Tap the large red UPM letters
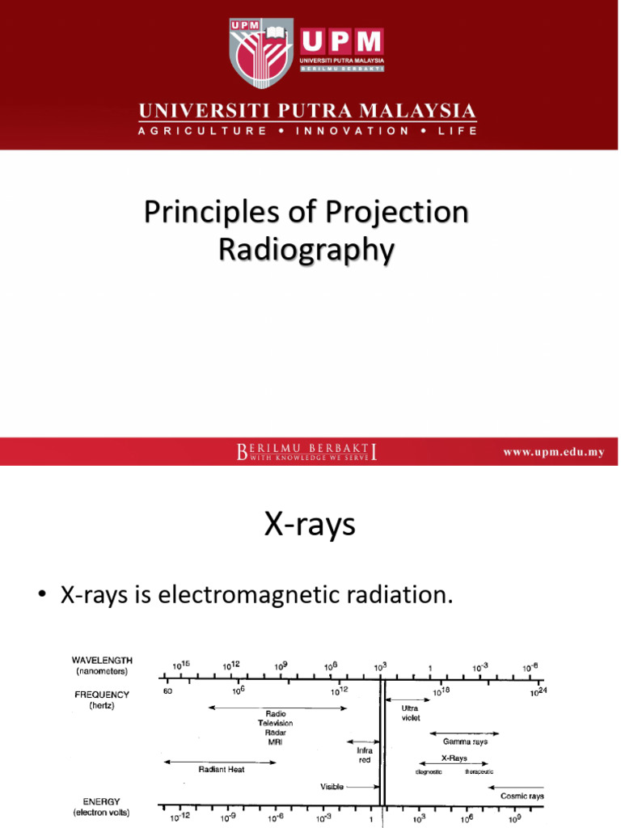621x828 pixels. pos(342,42)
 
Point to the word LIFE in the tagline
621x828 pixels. pos(458,130)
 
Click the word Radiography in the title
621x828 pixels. pos(306,250)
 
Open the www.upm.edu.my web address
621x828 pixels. pos(554,452)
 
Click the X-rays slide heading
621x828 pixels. pos(310,526)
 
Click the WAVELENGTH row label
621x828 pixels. pos(102,661)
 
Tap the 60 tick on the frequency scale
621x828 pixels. pos(168,691)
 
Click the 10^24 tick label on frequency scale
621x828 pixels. pos(538,691)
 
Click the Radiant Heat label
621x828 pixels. pos(222,770)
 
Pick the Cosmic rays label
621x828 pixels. pos(522,796)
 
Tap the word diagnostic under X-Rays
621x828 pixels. pos(429,771)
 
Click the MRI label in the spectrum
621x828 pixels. pos(275,741)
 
